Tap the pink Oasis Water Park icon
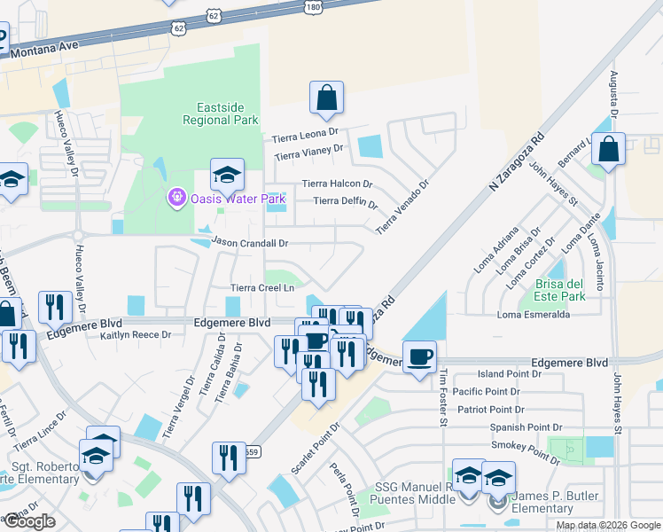tap(176, 197)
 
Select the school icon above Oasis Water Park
tap(227, 174)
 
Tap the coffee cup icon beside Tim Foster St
tap(420, 357)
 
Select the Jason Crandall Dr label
tap(250, 242)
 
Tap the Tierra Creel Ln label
tap(261, 287)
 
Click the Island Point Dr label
tap(509, 374)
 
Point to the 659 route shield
tap(253, 451)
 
